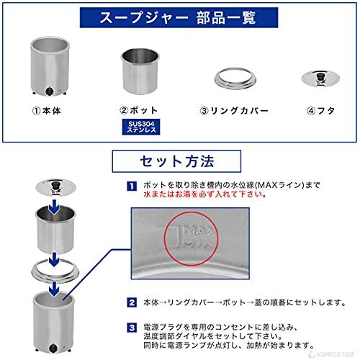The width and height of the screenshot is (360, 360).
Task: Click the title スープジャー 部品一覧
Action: point(179,17)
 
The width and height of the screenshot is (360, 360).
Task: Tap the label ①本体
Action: point(48,112)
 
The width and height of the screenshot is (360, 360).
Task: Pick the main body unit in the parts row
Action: point(48,68)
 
